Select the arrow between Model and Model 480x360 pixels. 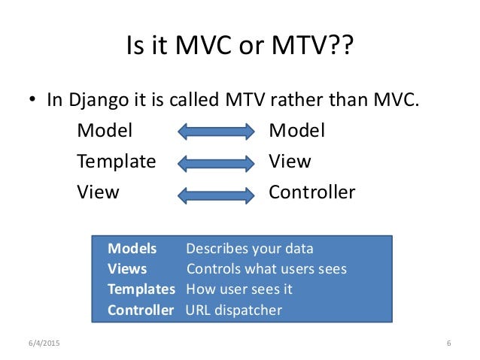tap(216, 132)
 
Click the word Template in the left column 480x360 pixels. tap(117, 162)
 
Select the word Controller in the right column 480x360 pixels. tap(311, 192)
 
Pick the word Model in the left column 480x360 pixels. tap(105, 131)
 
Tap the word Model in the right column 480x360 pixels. tap(297, 131)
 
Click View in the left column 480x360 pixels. tap(98, 192)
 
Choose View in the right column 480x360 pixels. tap(290, 162)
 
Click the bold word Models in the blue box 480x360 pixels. tap(132, 249)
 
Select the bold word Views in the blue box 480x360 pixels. tap(127, 269)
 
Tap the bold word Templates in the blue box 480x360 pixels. tap(141, 289)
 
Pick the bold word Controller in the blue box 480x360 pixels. tap(140, 310)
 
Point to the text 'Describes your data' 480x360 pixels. tap(249, 249)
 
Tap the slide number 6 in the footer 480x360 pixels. tap(448, 343)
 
